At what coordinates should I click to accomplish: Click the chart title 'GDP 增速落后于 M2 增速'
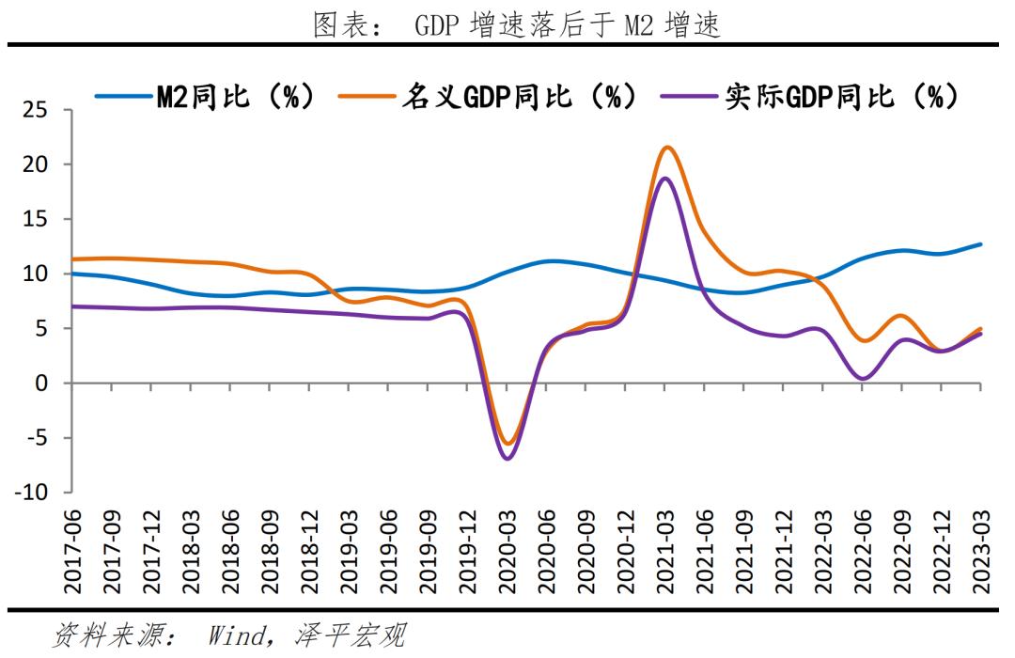[x=516, y=25]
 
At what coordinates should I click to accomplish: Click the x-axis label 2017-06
[x=73, y=554]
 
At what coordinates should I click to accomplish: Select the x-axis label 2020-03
[x=507, y=554]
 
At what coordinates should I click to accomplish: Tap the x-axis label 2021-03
[x=665, y=554]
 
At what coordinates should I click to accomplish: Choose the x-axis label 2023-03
[x=981, y=554]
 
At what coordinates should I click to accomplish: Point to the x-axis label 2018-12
[x=310, y=554]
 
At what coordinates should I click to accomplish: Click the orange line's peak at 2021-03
[x=667, y=147]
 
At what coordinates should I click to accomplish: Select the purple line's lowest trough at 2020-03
[x=507, y=459]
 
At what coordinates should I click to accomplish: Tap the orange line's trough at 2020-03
[x=507, y=443]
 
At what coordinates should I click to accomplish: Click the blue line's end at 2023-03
[x=981, y=244]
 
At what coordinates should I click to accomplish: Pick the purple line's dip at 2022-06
[x=863, y=379]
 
